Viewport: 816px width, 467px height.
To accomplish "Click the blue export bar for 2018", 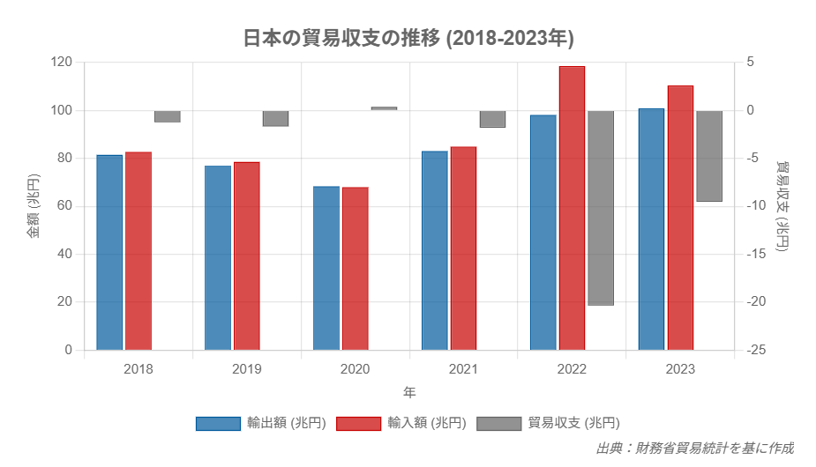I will click(x=109, y=252).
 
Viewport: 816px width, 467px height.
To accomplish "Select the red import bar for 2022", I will click(x=572, y=208).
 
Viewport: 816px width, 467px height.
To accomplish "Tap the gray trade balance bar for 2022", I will click(x=601, y=208).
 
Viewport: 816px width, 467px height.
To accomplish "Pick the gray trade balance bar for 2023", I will click(x=709, y=156).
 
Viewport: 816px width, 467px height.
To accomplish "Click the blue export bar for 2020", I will click(x=326, y=268).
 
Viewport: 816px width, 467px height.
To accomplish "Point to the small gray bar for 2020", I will click(x=384, y=108).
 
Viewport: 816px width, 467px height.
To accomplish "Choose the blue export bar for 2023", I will click(x=651, y=229).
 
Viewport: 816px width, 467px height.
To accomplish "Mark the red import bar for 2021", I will click(x=463, y=248).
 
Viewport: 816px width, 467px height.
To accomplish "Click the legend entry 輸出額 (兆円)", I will click(x=261, y=423).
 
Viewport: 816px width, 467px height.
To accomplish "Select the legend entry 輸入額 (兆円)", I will click(x=401, y=423).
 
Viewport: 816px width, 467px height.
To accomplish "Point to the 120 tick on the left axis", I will click(x=62, y=63).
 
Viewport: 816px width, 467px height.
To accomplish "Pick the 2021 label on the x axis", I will click(x=463, y=369).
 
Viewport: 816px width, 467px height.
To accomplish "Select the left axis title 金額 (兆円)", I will click(x=33, y=207).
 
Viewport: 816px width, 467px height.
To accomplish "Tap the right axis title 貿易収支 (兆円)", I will click(x=782, y=207).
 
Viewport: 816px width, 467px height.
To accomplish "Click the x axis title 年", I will click(x=409, y=391).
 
